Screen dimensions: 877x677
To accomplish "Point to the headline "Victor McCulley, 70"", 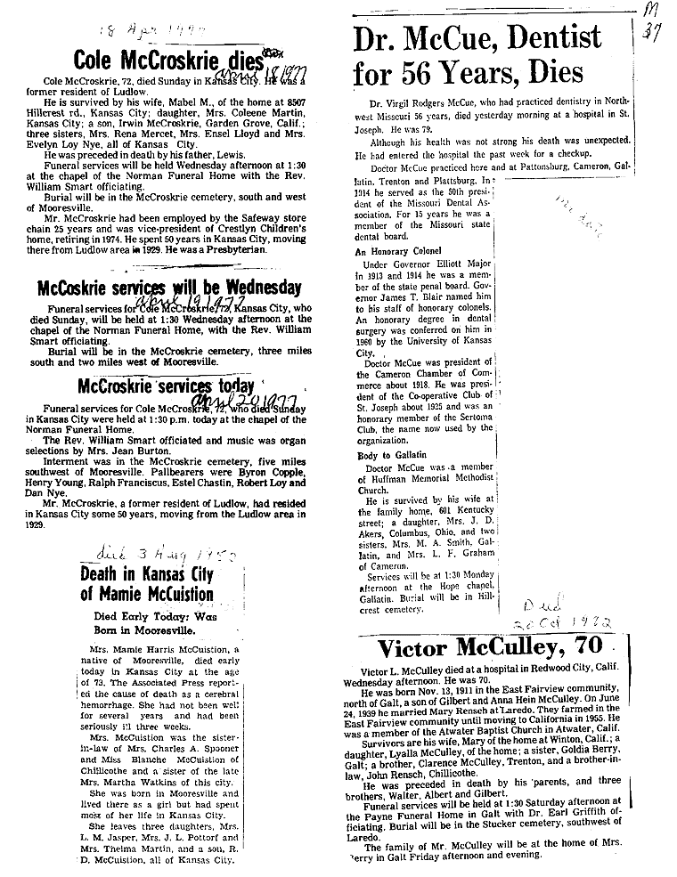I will (489, 647).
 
